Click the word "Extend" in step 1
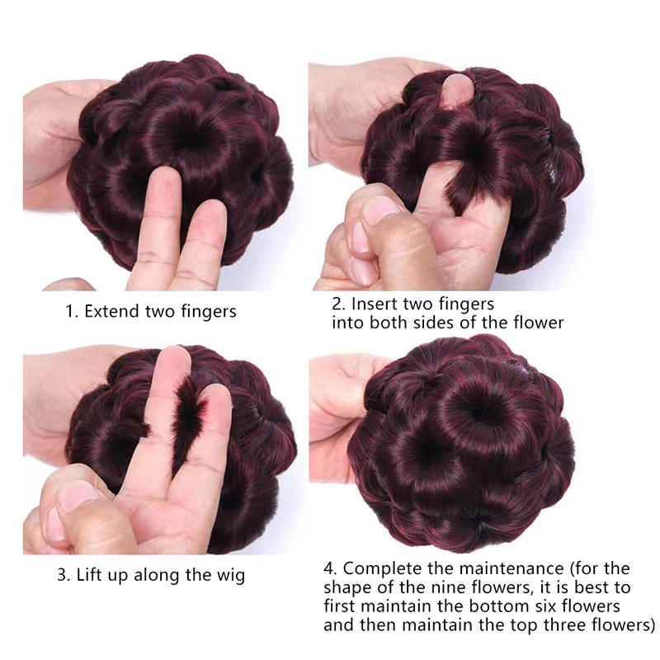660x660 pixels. tap(112, 312)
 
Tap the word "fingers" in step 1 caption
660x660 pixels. tap(209, 313)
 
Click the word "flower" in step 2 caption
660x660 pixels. tap(538, 323)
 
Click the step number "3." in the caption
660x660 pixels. tap(64, 575)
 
